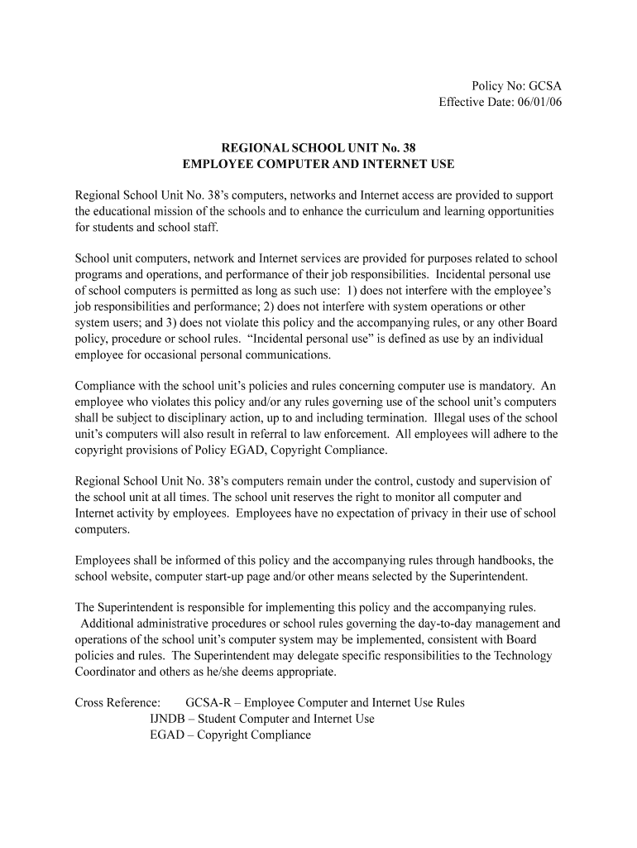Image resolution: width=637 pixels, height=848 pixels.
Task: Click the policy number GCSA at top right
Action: pyautogui.click(x=544, y=86)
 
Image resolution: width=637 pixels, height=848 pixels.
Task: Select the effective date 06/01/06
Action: pyautogui.click(x=539, y=103)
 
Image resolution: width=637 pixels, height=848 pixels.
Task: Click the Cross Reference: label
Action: pyautogui.click(x=117, y=703)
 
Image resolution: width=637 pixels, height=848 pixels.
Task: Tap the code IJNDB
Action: pyautogui.click(x=169, y=719)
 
